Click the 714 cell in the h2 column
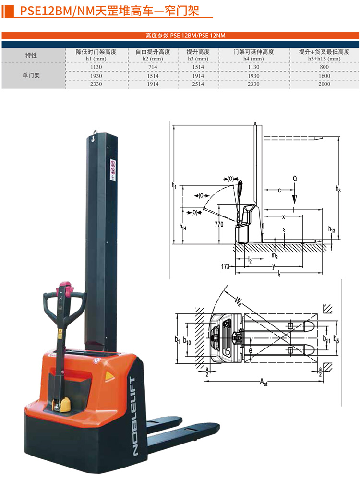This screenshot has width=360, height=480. pyautogui.click(x=153, y=67)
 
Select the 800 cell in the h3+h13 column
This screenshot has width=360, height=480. pyautogui.click(x=324, y=67)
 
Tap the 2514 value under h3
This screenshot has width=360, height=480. pyautogui.click(x=198, y=84)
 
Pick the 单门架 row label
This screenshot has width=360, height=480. pyautogui.click(x=31, y=75)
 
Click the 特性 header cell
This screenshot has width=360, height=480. pyautogui.click(x=31, y=55)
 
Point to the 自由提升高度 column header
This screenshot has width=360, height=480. pyautogui.click(x=153, y=52)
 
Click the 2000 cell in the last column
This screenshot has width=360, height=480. pyautogui.click(x=324, y=84)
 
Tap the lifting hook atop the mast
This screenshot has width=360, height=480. pyautogui.click(x=94, y=137)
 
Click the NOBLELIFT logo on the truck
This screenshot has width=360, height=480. pyautogui.click(x=135, y=417)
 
